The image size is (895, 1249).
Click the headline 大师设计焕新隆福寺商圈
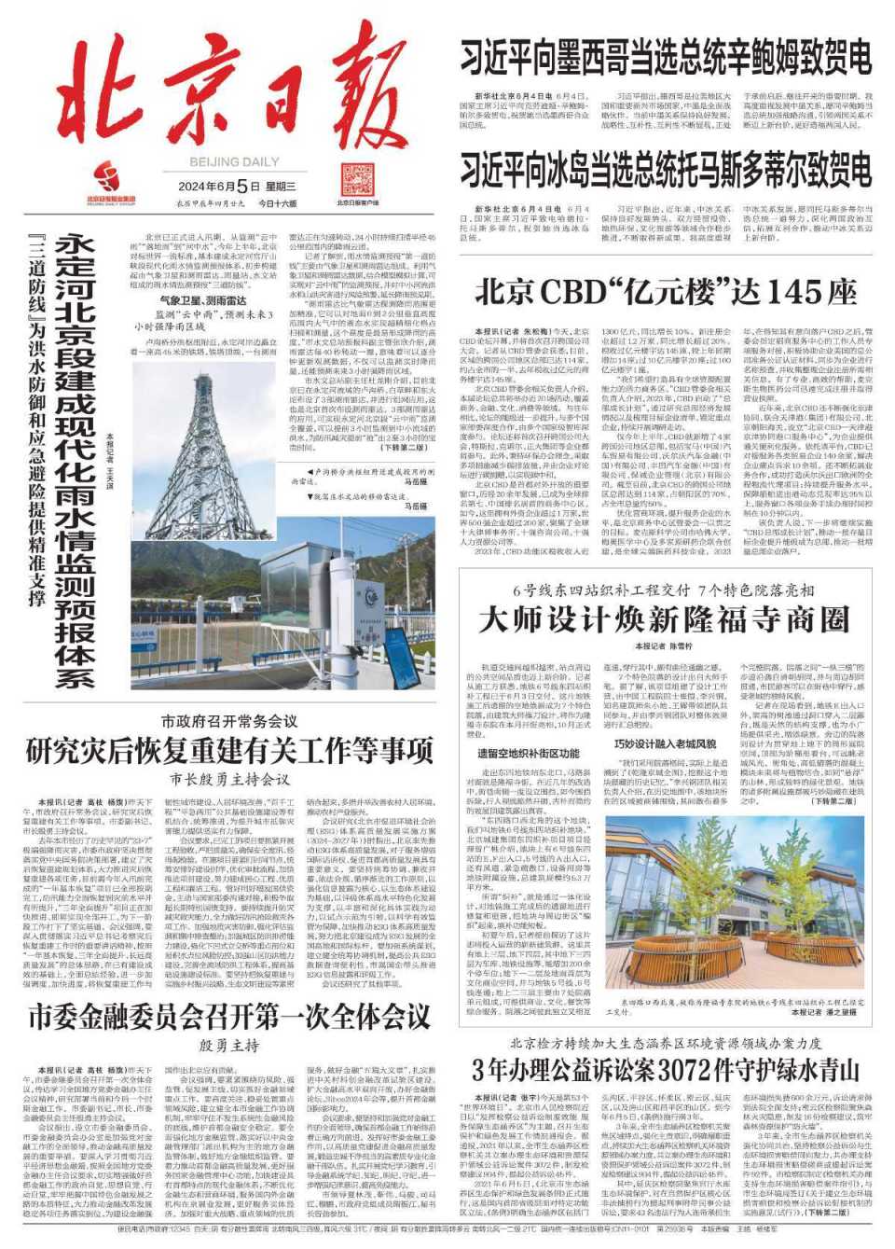[664, 618]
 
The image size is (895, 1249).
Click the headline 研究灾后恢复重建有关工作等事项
[229, 749]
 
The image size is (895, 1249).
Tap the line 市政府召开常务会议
[229, 721]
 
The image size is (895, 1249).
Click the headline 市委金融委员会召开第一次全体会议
[229, 1017]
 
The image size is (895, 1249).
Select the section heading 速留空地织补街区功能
[529, 753]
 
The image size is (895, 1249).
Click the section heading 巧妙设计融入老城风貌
[666, 743]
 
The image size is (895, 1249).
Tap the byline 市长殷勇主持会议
[229, 778]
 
